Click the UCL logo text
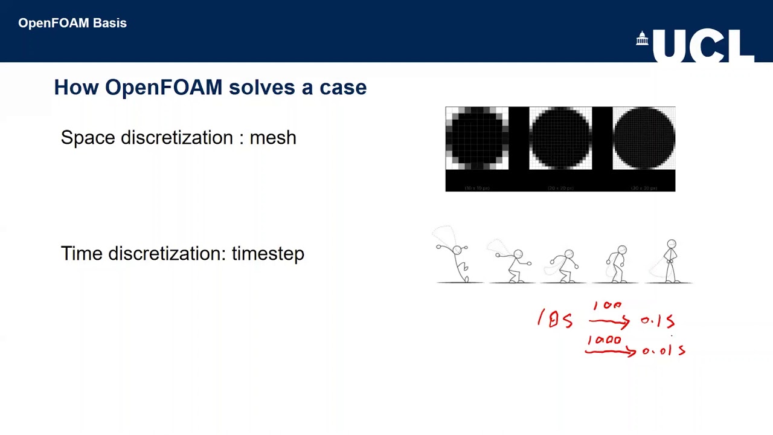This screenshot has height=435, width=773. (x=704, y=46)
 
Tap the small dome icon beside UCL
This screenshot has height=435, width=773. (x=642, y=39)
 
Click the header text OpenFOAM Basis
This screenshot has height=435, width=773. (x=72, y=23)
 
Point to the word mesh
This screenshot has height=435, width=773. (x=272, y=138)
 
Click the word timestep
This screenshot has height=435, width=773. (x=268, y=254)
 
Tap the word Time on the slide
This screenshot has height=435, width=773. (x=82, y=254)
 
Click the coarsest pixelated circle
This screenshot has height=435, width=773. (x=477, y=138)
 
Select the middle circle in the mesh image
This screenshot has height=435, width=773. (x=560, y=138)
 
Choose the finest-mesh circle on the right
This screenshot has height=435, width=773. (x=644, y=138)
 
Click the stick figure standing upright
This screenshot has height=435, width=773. (x=671, y=261)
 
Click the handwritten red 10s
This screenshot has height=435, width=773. (x=555, y=319)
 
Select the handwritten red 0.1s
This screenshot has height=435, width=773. (x=657, y=321)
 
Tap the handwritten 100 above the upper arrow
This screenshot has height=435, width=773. (x=607, y=306)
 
